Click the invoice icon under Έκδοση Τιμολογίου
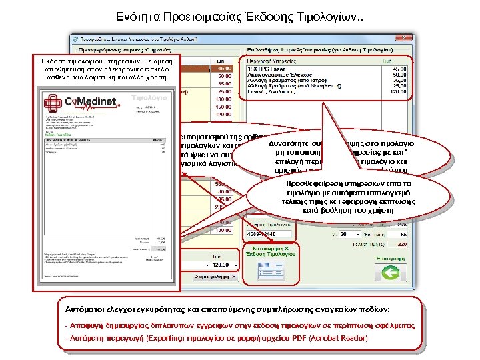pos(269,251)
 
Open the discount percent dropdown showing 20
pos(349,235)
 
